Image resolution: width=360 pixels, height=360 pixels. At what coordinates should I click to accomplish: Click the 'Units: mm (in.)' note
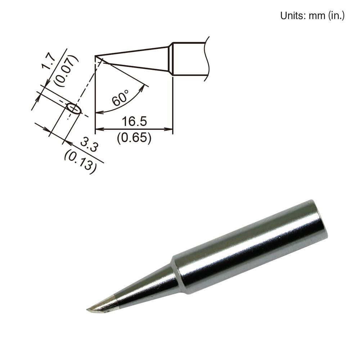point(312,15)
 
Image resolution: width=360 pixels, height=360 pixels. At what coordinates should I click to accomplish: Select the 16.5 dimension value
point(134,121)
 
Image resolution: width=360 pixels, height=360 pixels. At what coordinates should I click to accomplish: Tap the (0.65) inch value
point(134,138)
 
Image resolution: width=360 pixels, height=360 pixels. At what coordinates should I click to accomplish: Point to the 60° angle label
point(121,98)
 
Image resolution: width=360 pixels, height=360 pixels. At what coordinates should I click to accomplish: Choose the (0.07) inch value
point(67,71)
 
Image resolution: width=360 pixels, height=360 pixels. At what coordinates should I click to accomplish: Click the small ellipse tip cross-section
point(74,109)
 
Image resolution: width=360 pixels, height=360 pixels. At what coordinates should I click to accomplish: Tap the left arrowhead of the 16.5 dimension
point(98,129)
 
